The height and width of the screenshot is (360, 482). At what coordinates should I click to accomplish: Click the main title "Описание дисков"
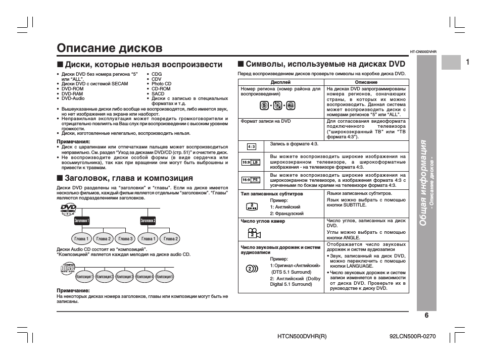point(110,48)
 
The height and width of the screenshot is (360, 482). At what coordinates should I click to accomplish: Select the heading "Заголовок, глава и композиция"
point(129,178)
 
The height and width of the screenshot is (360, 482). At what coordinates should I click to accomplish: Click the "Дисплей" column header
point(280,82)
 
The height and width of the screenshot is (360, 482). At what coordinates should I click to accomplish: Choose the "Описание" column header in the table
point(366,82)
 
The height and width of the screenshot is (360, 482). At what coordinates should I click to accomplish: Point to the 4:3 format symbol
point(252,146)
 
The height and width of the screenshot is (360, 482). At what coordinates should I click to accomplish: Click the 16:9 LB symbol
point(251,162)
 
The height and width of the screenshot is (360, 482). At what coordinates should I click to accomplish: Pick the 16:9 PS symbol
point(251,179)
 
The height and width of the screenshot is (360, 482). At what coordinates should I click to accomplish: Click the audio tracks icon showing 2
point(252,269)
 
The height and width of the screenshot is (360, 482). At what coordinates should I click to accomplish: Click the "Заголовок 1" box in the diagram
point(82,221)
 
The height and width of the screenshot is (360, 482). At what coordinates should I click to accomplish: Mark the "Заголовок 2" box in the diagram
point(148,221)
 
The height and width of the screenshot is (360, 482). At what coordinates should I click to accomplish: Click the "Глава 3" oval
point(125,239)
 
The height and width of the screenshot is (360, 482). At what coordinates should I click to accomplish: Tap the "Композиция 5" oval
point(165,277)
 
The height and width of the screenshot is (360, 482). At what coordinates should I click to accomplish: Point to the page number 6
point(426,316)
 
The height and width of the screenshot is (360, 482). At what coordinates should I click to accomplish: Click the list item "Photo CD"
point(161,84)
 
